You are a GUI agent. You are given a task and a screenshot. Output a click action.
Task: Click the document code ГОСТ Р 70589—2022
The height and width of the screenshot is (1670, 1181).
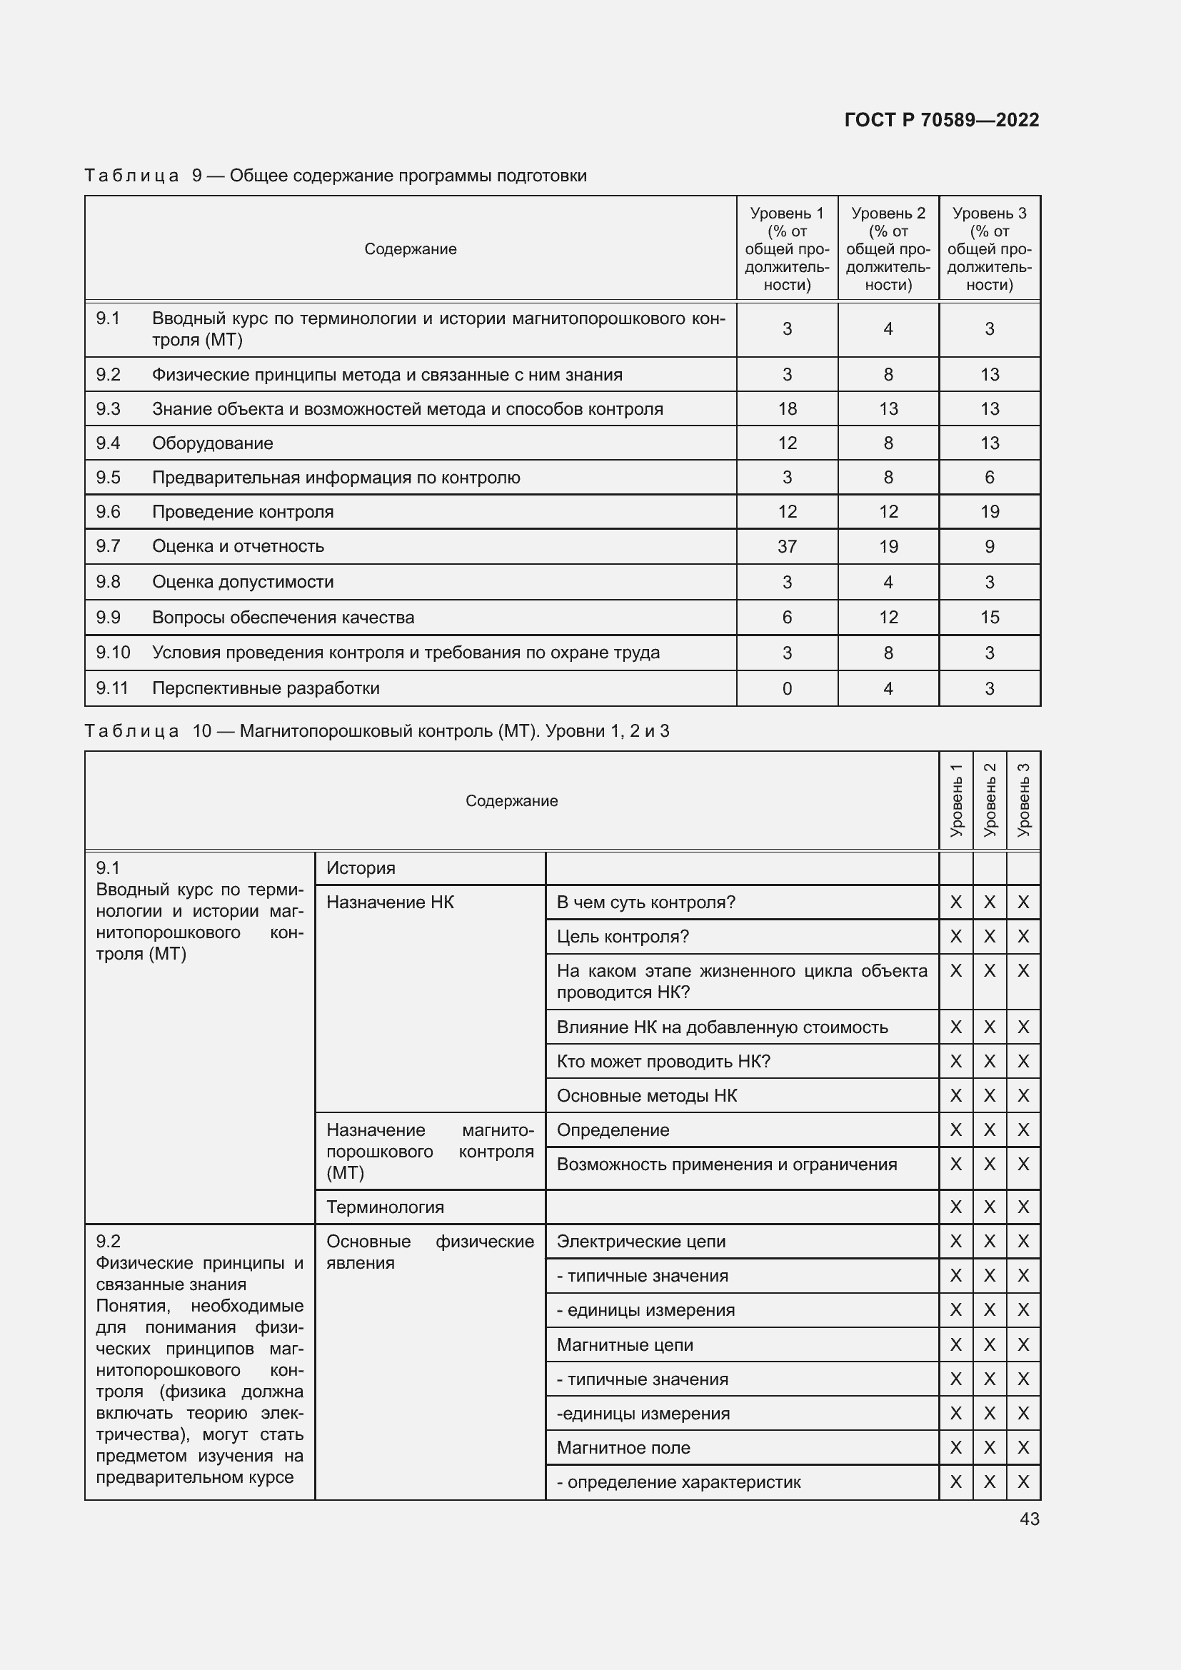tap(941, 120)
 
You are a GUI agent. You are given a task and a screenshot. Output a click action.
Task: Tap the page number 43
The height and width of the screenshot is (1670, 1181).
tap(1029, 1519)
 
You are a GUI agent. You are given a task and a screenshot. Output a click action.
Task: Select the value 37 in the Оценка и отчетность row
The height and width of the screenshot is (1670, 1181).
tap(787, 546)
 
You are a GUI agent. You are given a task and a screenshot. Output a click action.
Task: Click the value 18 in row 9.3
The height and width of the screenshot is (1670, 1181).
tap(787, 409)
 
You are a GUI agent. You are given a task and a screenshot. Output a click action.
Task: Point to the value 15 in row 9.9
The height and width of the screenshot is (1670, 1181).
tap(989, 618)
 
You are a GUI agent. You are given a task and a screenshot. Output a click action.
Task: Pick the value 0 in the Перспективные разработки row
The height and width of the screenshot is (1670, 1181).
tap(787, 688)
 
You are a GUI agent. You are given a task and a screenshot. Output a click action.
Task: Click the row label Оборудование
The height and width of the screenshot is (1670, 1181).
tap(212, 443)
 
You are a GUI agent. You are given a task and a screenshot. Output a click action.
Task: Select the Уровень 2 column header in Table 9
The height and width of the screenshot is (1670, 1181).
tap(888, 248)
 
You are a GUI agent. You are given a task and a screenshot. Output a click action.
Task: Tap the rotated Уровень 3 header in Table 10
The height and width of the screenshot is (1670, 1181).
tap(1023, 800)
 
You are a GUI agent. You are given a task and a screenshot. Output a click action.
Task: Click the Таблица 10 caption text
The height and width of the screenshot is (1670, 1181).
tap(376, 731)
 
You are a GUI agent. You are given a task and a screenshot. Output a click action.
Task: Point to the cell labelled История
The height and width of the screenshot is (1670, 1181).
tap(361, 867)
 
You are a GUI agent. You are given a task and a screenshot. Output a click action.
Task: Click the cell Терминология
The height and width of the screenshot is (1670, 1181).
tap(385, 1207)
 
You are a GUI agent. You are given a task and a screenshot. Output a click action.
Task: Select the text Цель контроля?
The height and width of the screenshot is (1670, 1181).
tap(623, 936)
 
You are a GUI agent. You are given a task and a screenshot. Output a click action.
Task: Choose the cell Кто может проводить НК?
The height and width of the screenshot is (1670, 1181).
tap(663, 1061)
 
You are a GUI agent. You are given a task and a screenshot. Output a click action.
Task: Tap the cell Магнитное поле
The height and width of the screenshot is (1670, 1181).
tap(623, 1447)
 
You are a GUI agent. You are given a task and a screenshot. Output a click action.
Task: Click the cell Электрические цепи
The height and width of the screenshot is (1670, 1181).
tap(640, 1242)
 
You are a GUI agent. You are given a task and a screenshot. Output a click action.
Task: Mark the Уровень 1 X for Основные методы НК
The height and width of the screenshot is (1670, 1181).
tap(955, 1095)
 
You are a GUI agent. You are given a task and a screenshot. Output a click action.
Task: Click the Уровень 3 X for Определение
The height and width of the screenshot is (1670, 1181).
tap(1023, 1130)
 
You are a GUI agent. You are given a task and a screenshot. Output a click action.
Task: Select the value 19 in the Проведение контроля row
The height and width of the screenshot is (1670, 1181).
tap(989, 511)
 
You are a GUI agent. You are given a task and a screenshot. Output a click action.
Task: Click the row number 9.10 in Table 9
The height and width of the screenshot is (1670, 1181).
tap(113, 653)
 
